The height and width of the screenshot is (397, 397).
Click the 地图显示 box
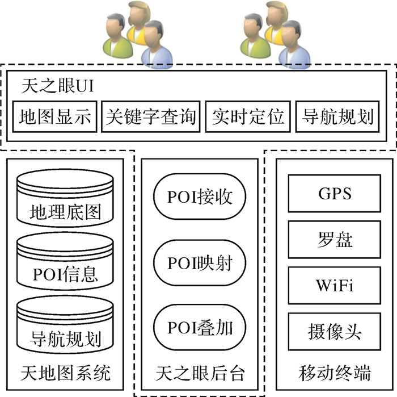tap(55, 117)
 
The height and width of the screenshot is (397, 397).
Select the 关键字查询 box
tap(151, 117)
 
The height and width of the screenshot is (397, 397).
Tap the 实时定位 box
tap(247, 117)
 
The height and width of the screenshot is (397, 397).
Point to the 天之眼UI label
tap(57, 86)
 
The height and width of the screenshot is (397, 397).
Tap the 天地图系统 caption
tap(65, 373)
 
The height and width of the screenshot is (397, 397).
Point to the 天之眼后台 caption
tap(200, 373)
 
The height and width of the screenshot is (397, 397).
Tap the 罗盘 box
tap(335, 239)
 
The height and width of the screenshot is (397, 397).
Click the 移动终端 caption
tap(335, 373)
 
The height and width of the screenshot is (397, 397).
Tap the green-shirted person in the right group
tap(255, 37)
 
